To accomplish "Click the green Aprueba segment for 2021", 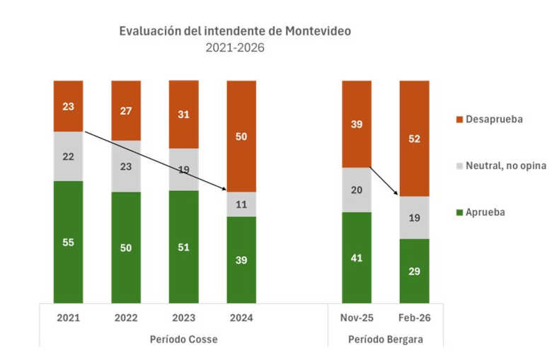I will click(x=68, y=242).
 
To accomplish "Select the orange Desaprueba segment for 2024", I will click(x=241, y=136).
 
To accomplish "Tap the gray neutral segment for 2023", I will click(x=183, y=169).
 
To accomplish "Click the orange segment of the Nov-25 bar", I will click(x=356, y=124).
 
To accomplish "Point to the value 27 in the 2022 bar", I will click(x=126, y=110).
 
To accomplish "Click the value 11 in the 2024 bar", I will click(x=241, y=204).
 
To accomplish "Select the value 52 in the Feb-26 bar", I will click(x=414, y=139).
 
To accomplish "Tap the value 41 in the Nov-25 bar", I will click(x=356, y=257).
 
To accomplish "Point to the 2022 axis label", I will click(x=126, y=318).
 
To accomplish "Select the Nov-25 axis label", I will click(x=356, y=318).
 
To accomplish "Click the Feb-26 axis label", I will click(x=414, y=318).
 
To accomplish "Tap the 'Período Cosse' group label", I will click(x=183, y=339).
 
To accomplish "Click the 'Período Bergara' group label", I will click(x=385, y=339).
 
